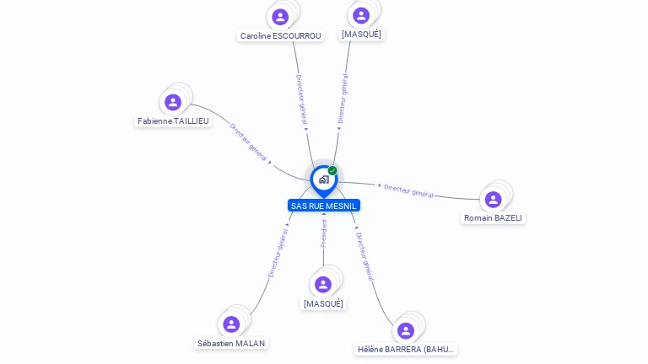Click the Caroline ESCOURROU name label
tap(280, 36)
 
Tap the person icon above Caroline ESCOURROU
tap(280, 17)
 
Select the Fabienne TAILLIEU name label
tap(173, 121)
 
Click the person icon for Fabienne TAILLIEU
tap(173, 102)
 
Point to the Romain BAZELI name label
tap(493, 218)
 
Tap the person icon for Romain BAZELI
tap(494, 200)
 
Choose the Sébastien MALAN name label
tap(231, 344)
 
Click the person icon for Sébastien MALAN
tap(231, 324)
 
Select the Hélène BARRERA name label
tap(406, 350)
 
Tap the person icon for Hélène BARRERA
tap(406, 330)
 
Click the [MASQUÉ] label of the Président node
tap(323, 304)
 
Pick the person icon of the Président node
tap(323, 285)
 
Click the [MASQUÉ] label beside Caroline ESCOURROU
tap(361, 35)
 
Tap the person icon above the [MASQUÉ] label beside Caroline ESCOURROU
tap(361, 15)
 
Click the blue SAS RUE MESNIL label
tap(324, 206)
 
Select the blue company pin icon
tap(323, 179)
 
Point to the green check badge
tap(332, 171)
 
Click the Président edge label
tap(324, 233)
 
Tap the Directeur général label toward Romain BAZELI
tap(408, 191)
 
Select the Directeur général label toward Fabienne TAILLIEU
tap(249, 142)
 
